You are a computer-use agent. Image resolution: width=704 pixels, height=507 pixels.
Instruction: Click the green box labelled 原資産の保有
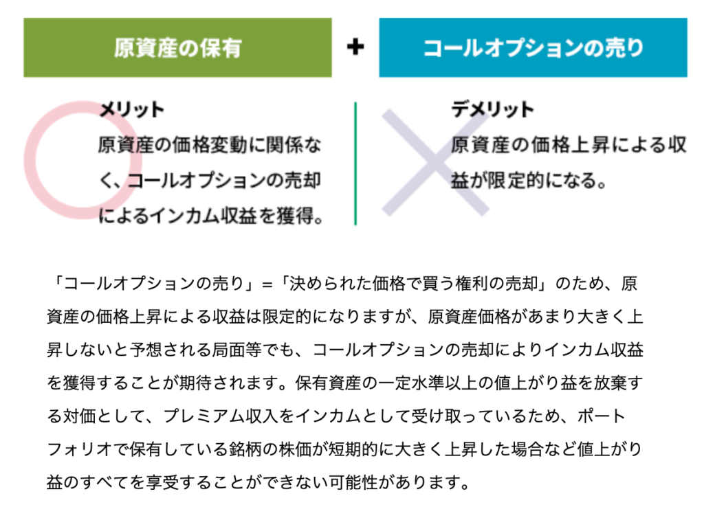pyautogui.click(x=177, y=47)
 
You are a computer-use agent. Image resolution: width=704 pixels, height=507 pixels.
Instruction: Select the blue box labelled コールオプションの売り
pyautogui.click(x=533, y=47)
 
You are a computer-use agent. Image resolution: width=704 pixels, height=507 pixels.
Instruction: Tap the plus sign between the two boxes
pyautogui.click(x=355, y=47)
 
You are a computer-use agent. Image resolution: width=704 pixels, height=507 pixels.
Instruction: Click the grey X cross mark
pyautogui.click(x=434, y=161)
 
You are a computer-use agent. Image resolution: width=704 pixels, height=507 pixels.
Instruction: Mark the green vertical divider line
pyautogui.click(x=355, y=164)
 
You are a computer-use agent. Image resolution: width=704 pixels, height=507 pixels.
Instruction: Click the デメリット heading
pyautogui.click(x=492, y=110)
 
